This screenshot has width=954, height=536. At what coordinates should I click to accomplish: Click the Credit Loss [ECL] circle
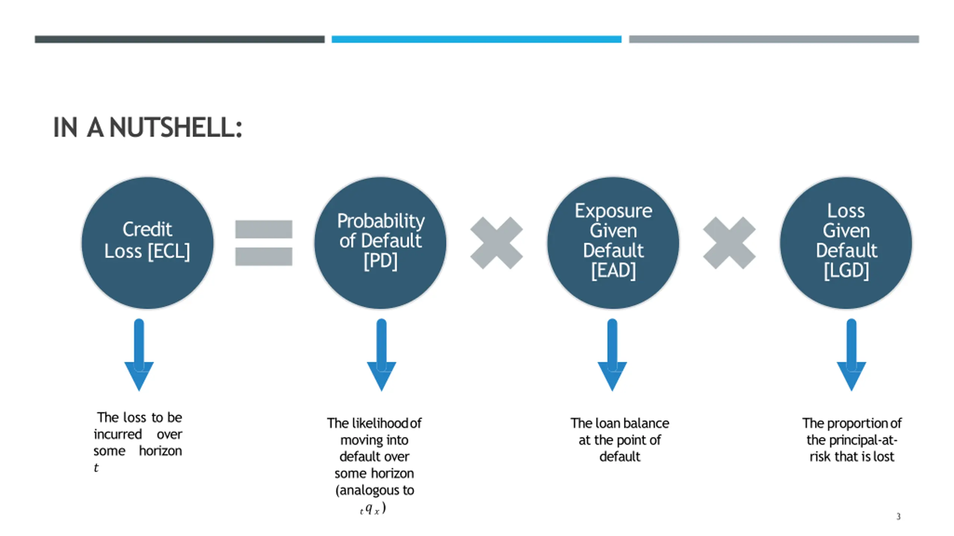click(x=148, y=243)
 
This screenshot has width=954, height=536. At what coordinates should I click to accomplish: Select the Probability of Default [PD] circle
click(x=380, y=243)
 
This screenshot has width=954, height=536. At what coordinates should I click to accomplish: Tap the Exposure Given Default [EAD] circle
click(x=613, y=243)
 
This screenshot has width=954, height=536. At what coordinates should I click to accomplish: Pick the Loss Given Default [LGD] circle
click(x=846, y=243)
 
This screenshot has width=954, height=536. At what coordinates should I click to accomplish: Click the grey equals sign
click(x=263, y=243)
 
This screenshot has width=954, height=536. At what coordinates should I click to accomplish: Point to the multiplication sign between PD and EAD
click(x=496, y=243)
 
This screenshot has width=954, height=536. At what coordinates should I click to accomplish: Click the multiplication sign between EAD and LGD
click(x=729, y=243)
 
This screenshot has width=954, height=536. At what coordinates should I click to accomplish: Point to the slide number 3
click(x=898, y=516)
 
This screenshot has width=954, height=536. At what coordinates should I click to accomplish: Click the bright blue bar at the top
click(x=476, y=39)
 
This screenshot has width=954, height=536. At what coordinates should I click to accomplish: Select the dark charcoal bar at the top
click(x=180, y=39)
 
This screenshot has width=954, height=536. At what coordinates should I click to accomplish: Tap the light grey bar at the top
click(x=774, y=39)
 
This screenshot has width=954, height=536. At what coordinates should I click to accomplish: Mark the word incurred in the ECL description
click(x=118, y=434)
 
